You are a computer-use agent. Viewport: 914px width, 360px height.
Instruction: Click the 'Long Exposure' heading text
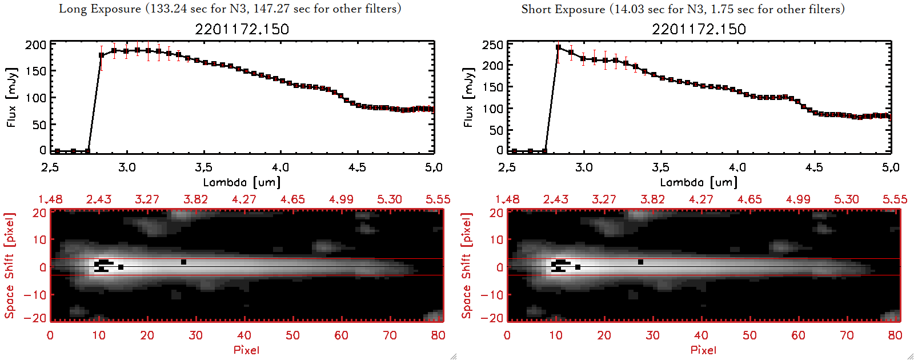[x=100, y=9]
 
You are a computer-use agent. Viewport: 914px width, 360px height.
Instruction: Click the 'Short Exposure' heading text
[x=563, y=9]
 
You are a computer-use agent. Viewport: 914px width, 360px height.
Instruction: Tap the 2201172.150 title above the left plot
[x=242, y=29]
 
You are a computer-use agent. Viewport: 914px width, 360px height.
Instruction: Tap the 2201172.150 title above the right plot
[x=699, y=29]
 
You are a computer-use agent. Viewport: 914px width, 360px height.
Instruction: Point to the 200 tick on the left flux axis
[x=36, y=45]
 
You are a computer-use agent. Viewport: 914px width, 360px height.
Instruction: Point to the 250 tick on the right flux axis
[x=493, y=45]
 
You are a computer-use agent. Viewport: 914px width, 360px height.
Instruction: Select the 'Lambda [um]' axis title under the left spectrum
[x=242, y=182]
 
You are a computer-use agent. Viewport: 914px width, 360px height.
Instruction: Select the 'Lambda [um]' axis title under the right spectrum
[x=699, y=182]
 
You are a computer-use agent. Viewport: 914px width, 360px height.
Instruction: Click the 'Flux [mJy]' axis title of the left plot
[x=12, y=97]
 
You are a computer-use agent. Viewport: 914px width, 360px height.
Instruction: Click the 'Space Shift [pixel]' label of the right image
[x=467, y=266]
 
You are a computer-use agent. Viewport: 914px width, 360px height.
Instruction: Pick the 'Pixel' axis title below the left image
[x=246, y=350]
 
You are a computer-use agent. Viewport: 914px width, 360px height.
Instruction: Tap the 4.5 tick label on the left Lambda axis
[x=357, y=167]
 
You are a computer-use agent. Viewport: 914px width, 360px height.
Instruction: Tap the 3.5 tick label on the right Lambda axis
[x=660, y=167]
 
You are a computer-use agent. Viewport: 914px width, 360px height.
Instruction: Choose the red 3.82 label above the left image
[x=195, y=199]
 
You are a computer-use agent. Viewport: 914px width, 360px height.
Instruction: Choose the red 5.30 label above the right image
[x=846, y=199]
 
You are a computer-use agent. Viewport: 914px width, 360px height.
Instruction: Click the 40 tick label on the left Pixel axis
[x=244, y=335]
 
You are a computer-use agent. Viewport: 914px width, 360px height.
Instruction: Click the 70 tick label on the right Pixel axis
[x=847, y=335]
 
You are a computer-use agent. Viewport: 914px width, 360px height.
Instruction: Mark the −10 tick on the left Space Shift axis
[x=35, y=295]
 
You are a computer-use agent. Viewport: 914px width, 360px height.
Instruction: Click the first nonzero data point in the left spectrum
[x=102, y=55]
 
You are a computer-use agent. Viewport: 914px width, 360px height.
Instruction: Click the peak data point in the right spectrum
[x=558, y=47]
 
